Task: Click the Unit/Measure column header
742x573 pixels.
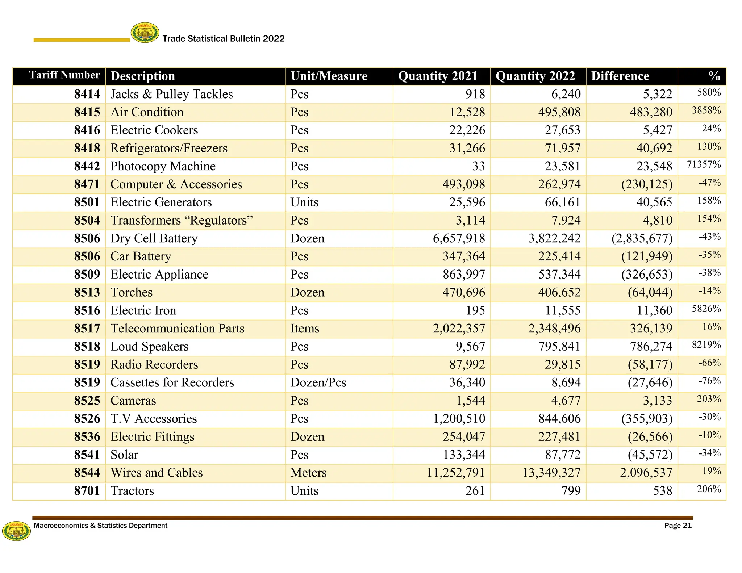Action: (329, 76)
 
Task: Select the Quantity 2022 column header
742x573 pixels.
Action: (535, 76)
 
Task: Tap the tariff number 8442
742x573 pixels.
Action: (87, 166)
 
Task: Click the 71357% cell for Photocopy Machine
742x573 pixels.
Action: (704, 165)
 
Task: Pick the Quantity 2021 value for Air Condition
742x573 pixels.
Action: (467, 112)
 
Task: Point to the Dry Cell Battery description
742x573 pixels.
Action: (154, 238)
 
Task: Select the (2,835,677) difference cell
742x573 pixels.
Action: (642, 238)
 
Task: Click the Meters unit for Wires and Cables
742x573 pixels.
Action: (308, 473)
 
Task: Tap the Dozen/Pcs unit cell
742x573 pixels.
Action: (318, 382)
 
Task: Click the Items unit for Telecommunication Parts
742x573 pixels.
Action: (305, 329)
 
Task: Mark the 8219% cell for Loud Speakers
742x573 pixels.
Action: (706, 345)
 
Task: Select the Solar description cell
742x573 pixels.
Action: (124, 455)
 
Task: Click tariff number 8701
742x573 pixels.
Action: (87, 491)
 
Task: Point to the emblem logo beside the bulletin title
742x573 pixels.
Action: (145, 33)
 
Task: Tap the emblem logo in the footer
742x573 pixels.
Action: (16, 531)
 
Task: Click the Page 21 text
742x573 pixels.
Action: (678, 526)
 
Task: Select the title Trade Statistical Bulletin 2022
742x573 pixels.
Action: (224, 39)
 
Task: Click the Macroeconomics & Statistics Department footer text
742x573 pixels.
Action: (100, 526)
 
